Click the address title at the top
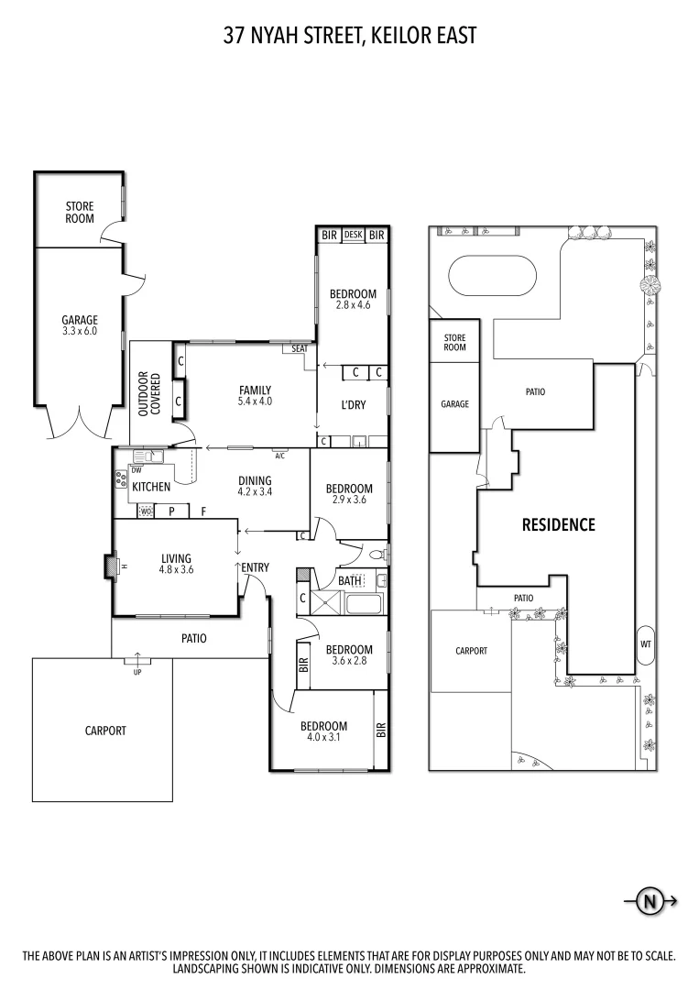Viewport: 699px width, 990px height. [349, 36]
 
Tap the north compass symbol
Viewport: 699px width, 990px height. [650, 901]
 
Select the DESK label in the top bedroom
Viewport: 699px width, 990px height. [353, 236]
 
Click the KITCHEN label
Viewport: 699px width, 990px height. [151, 487]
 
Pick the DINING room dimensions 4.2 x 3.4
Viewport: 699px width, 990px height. [256, 491]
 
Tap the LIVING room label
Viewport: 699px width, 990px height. [176, 558]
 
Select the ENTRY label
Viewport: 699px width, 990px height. [255, 567]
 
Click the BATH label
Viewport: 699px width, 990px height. [349, 580]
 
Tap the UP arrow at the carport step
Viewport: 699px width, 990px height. [138, 657]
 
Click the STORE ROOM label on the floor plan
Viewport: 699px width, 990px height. [79, 214]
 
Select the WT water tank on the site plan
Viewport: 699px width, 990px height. [645, 643]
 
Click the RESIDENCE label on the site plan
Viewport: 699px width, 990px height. [558, 525]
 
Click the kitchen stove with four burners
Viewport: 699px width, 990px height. [120, 478]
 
